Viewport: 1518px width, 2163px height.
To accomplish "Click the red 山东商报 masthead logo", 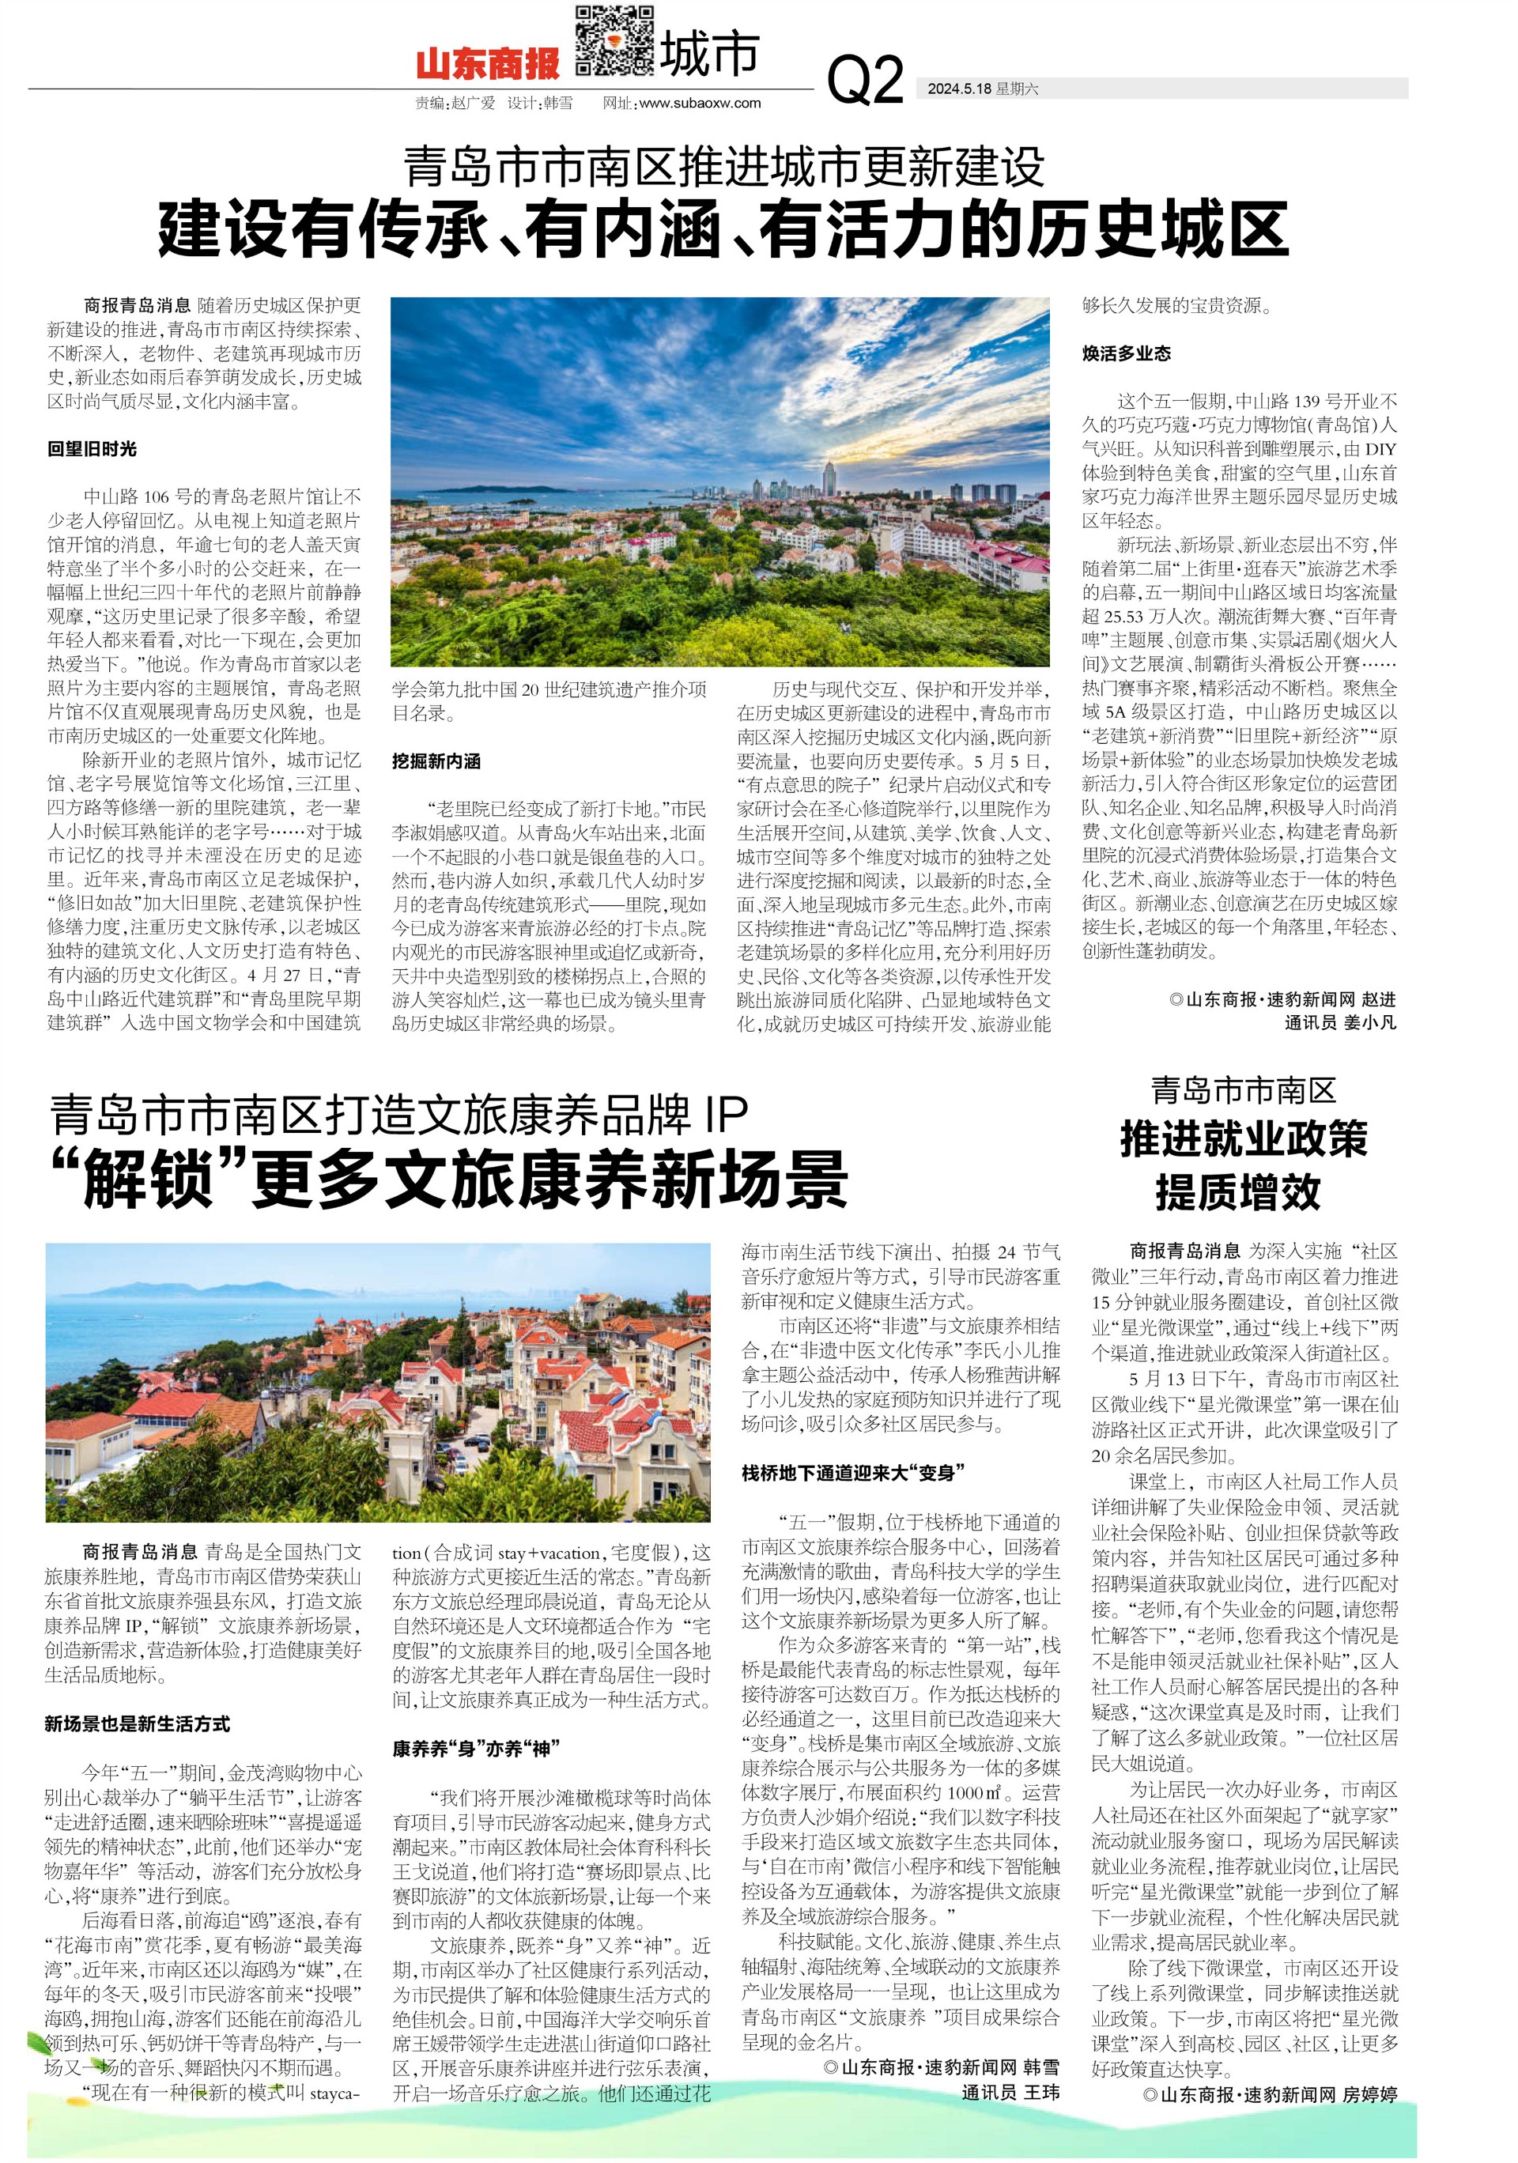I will (487, 64).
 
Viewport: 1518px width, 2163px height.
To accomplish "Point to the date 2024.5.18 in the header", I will (959, 89).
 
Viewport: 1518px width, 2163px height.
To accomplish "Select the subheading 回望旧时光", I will (93, 448).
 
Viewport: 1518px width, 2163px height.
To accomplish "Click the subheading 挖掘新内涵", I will (436, 761).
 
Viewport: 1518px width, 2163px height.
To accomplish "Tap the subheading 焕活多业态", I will (1126, 353).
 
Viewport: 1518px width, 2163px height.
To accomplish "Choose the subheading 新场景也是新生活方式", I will (138, 1724).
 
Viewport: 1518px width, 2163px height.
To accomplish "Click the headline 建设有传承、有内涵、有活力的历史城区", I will (723, 229).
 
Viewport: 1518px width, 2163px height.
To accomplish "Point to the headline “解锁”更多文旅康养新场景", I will (451, 1179).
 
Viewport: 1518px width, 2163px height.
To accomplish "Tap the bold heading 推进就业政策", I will (1243, 1139).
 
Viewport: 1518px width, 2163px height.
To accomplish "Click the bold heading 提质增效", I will (1238, 1191).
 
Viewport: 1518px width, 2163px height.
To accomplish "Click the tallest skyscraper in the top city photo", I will (829, 481).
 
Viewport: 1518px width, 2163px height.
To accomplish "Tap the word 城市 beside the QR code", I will (708, 55).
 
